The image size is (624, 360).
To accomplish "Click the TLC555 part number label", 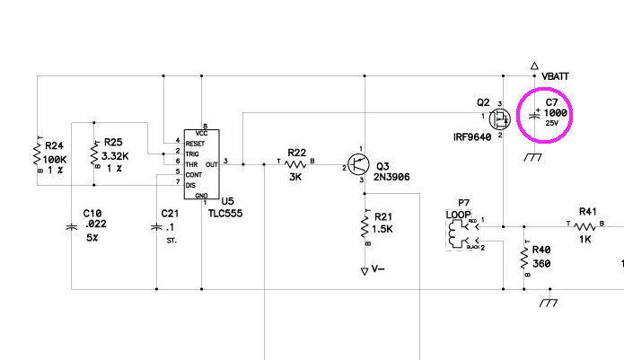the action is pos(225,213).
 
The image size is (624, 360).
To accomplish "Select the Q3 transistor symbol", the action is pos(358,164).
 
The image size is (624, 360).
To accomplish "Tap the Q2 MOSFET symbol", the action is pos(499,119).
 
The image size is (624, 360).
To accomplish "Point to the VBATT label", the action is pos(555,76).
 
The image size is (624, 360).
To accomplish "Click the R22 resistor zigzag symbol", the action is pos(295,164).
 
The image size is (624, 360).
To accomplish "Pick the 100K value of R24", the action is pos(55,160).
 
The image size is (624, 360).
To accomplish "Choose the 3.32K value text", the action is pos(115,156).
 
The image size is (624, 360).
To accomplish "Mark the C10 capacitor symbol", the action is pos(72,227).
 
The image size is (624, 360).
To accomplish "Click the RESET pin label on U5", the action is pos(195,144).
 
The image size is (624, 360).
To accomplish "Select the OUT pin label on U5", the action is pos(212,164).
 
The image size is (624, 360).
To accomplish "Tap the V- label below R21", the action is pos(378,269).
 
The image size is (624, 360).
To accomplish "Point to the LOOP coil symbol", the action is pos(453,234).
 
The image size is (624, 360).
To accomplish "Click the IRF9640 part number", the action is pos(472,137).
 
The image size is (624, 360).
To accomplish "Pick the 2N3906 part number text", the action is pos(391,177).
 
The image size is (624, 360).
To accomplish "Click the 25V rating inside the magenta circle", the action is pos(551,123).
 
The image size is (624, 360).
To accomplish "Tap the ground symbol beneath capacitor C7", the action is pos(533,157).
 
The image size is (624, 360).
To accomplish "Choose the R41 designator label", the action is pos(587,212).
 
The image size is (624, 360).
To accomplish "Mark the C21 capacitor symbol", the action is pos(156,227).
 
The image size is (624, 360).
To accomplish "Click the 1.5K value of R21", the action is pos(382,229).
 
